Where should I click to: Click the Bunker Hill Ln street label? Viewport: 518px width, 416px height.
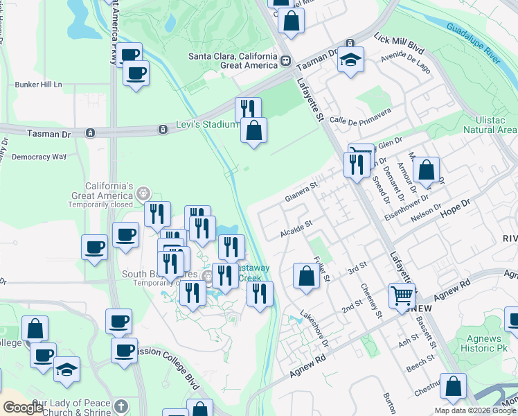[x=38, y=85]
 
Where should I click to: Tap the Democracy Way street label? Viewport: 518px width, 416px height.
[x=39, y=157]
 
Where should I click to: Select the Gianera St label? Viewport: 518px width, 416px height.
[x=301, y=192]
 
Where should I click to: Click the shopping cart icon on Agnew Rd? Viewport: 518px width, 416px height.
[x=402, y=295]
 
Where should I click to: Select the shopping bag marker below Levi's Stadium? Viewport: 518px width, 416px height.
[x=254, y=130]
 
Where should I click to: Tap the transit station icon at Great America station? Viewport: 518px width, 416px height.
[x=285, y=61]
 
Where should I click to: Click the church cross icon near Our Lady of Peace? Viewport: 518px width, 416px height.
[x=121, y=406]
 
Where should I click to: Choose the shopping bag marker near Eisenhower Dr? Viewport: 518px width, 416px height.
[x=427, y=170]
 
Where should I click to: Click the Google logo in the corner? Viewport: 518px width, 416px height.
[x=23, y=408]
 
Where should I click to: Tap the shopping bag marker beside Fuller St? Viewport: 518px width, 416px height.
[x=306, y=275]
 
